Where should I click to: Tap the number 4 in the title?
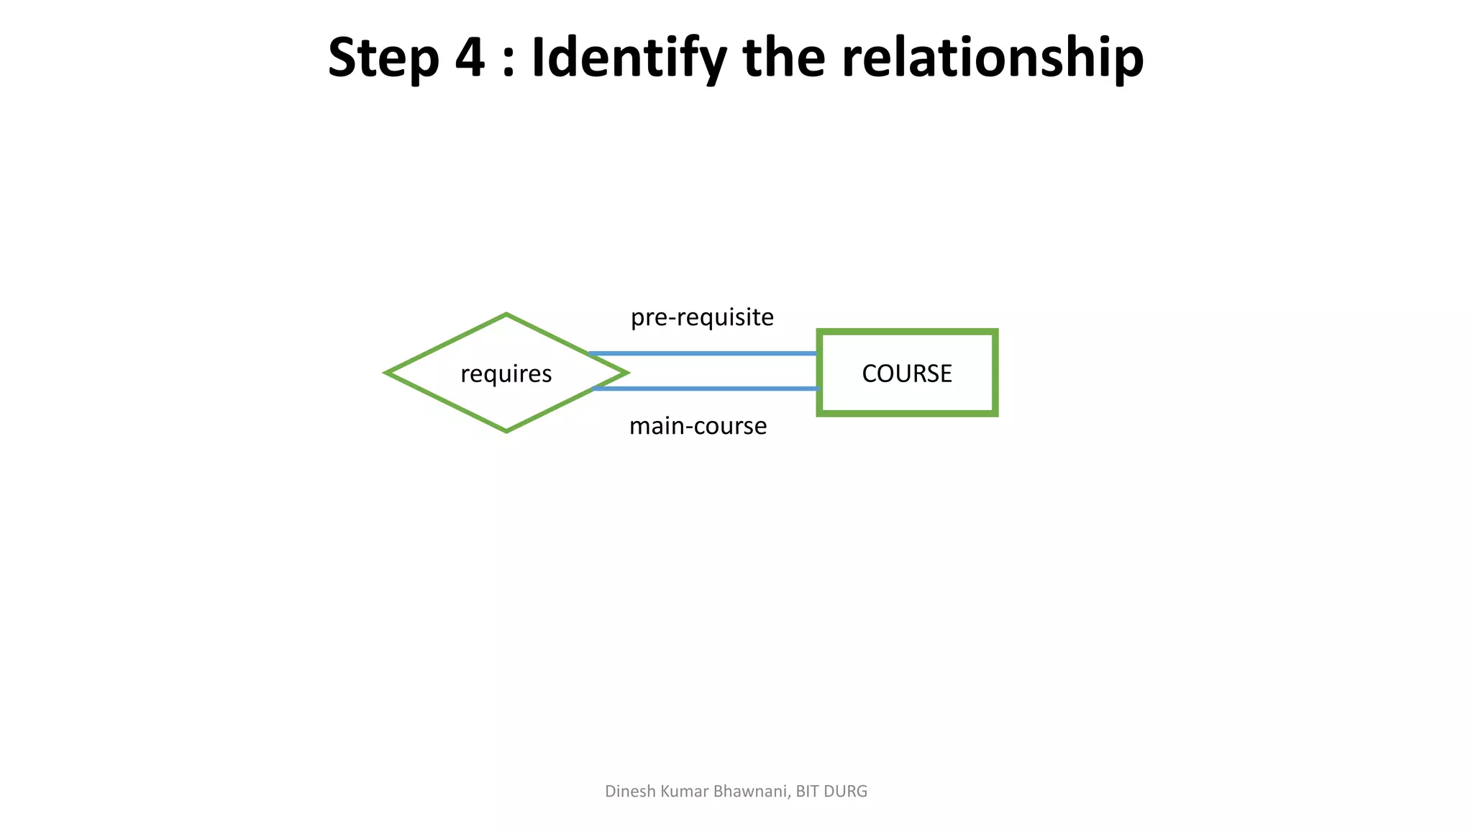470,58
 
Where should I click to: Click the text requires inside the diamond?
506,373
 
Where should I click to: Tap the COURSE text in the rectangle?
906,373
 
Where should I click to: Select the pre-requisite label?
702,317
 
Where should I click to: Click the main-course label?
698,426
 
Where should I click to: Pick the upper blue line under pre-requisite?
702,353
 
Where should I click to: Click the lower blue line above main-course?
705,389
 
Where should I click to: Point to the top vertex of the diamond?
506,315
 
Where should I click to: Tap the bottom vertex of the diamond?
506,430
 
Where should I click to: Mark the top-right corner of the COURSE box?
995,332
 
